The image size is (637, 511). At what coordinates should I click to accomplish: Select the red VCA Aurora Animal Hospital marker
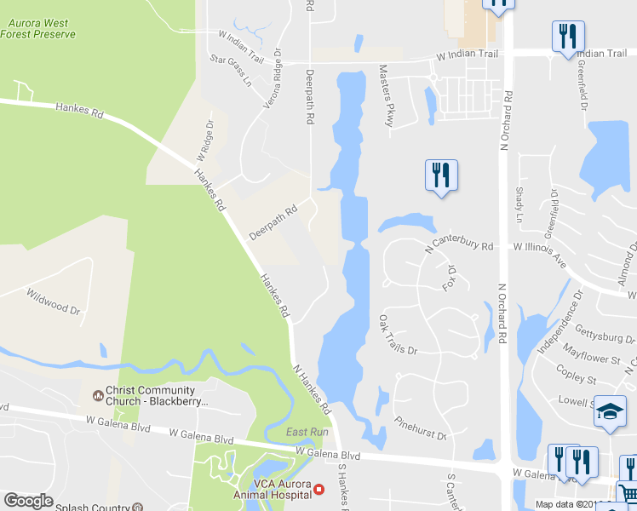(319, 489)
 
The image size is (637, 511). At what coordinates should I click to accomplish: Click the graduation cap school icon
(610, 412)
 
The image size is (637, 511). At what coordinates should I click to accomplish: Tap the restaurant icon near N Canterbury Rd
(441, 176)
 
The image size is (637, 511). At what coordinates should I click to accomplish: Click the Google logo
(28, 501)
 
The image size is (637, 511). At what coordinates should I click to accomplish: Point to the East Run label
(307, 432)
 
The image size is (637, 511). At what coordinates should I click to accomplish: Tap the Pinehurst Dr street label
(420, 428)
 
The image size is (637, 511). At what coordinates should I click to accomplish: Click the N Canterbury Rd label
(459, 245)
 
